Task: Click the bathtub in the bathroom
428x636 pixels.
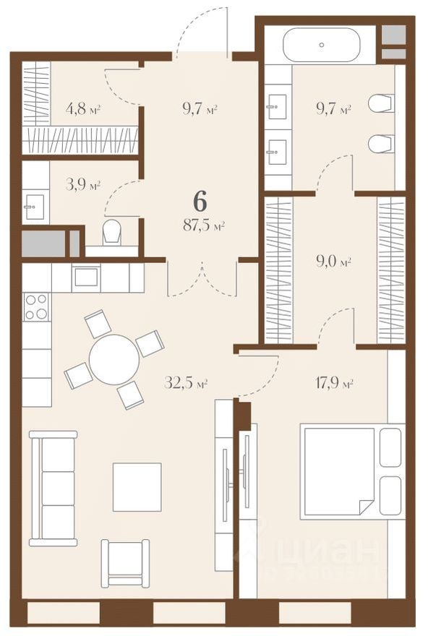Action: click(320, 46)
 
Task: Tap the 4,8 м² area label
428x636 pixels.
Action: click(82, 111)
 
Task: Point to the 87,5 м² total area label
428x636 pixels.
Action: click(202, 225)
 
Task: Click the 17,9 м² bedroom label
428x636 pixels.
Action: click(335, 384)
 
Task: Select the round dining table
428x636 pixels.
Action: click(114, 358)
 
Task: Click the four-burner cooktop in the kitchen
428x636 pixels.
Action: click(36, 306)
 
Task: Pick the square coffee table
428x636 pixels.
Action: click(137, 486)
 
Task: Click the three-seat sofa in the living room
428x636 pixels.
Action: click(53, 489)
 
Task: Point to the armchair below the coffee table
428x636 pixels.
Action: click(125, 562)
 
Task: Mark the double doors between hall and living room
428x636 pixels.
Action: click(202, 278)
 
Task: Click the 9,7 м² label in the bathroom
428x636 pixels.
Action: click(333, 111)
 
